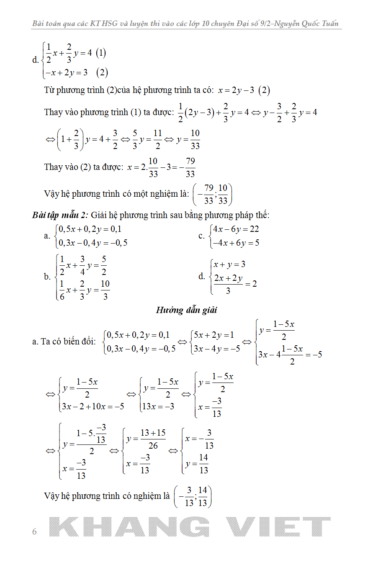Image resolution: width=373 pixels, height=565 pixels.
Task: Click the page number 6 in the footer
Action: tap(34, 532)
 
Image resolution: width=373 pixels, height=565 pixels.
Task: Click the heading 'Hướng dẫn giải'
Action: tap(186, 310)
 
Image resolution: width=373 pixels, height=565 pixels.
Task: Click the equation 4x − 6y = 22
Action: tap(236, 229)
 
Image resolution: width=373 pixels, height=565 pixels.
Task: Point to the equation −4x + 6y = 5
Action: tap(236, 243)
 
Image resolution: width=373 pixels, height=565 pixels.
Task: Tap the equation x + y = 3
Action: tap(229, 265)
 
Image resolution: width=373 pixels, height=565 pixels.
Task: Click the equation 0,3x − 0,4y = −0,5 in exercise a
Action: tap(93, 243)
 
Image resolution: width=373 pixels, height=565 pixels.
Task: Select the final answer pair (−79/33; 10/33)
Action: tap(213, 195)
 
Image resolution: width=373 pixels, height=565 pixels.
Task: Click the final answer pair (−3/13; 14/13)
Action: tap(193, 496)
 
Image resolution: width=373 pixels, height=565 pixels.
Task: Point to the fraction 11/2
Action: tap(157, 139)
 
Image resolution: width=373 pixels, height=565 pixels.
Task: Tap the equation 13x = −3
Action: tap(159, 406)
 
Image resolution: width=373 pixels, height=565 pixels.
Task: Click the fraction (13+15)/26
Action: tap(153, 439)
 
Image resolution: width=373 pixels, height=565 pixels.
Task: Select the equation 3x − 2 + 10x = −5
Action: tap(93, 406)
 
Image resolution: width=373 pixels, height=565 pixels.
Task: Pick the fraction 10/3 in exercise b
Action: tap(105, 290)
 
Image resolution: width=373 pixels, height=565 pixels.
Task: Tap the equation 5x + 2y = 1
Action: tap(214, 335)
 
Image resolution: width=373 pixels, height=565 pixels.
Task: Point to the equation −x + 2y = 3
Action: tap(67, 72)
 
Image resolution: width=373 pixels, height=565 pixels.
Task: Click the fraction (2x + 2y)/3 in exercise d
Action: tap(228, 284)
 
